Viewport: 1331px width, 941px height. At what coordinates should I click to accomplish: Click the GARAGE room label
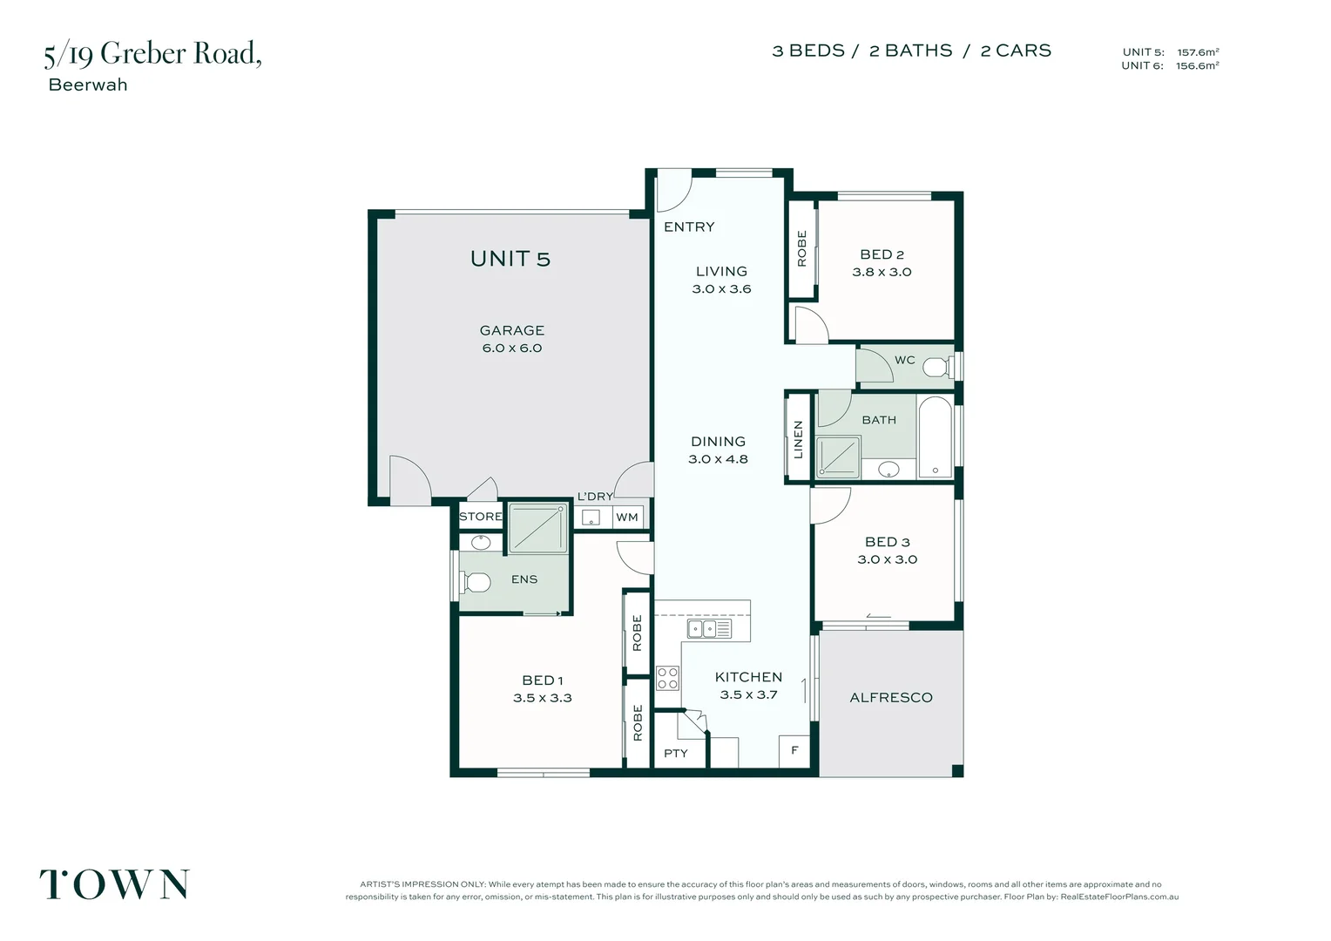[511, 330]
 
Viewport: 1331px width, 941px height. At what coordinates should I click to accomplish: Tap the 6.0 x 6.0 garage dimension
[511, 349]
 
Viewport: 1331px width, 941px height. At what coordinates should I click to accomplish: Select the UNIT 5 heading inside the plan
[510, 259]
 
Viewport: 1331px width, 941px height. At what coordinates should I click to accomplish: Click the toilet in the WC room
[937, 367]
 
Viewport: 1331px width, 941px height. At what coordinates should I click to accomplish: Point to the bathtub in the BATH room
[936, 437]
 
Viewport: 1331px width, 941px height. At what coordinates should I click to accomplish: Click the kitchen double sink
[709, 628]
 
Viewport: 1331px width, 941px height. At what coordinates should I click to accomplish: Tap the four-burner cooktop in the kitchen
[667, 678]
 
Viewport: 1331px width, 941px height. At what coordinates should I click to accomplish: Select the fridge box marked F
[794, 751]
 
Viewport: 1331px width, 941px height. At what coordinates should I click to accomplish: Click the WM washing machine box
[627, 518]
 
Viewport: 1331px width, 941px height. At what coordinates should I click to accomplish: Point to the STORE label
[481, 517]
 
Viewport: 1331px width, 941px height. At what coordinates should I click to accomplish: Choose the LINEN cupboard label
[798, 440]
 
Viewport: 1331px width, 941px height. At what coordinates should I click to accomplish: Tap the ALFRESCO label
[891, 698]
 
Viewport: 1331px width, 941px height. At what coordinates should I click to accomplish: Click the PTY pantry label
[676, 754]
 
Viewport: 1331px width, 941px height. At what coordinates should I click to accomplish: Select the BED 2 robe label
[801, 248]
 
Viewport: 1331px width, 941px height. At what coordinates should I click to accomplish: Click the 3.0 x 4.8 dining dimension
[718, 459]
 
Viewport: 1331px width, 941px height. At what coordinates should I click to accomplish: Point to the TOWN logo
[114, 884]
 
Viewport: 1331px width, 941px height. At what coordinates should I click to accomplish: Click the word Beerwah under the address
[88, 85]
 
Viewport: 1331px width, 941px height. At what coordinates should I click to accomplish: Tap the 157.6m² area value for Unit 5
[1198, 52]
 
